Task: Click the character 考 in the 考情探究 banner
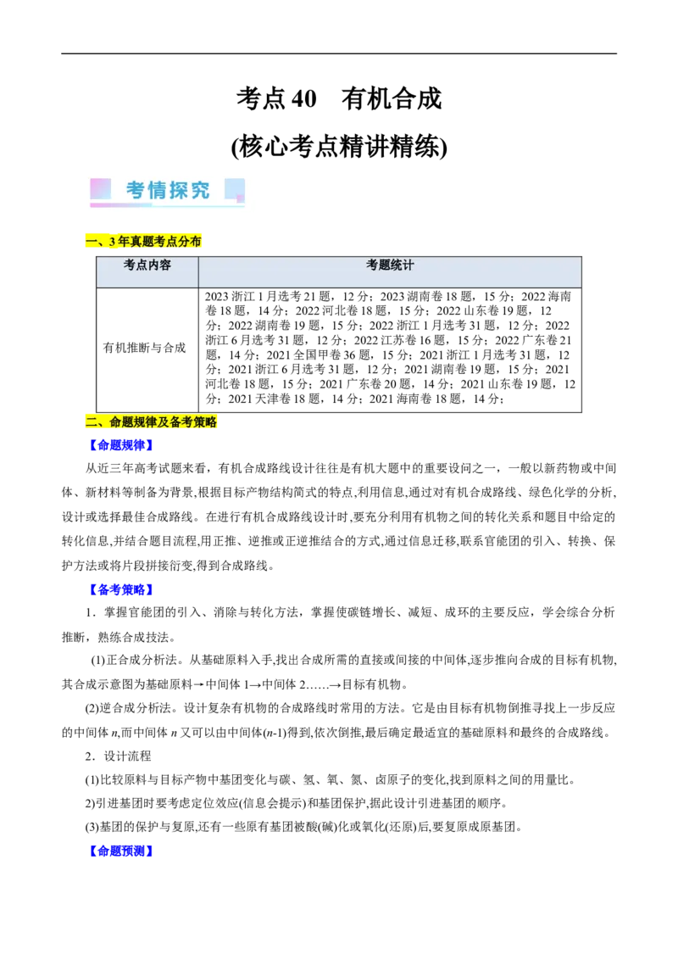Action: [x=136, y=190]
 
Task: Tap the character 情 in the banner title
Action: [x=157, y=190]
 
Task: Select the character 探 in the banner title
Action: [x=178, y=190]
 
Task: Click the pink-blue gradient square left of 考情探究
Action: [x=100, y=188]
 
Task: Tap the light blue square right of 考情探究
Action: [x=235, y=189]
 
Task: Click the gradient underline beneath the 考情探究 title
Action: [x=167, y=205]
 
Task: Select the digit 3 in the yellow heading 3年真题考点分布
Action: [x=112, y=242]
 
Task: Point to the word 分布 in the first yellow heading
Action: [x=192, y=242]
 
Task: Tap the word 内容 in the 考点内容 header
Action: [x=159, y=265]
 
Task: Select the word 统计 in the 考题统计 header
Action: [x=402, y=265]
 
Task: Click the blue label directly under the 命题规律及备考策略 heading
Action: [x=121, y=445]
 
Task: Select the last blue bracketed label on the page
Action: [x=121, y=851]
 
